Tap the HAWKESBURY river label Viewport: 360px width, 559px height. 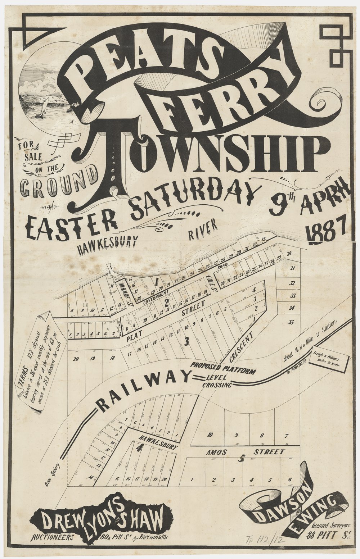coord(106,245)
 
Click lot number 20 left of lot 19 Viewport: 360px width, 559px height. coord(75,358)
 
